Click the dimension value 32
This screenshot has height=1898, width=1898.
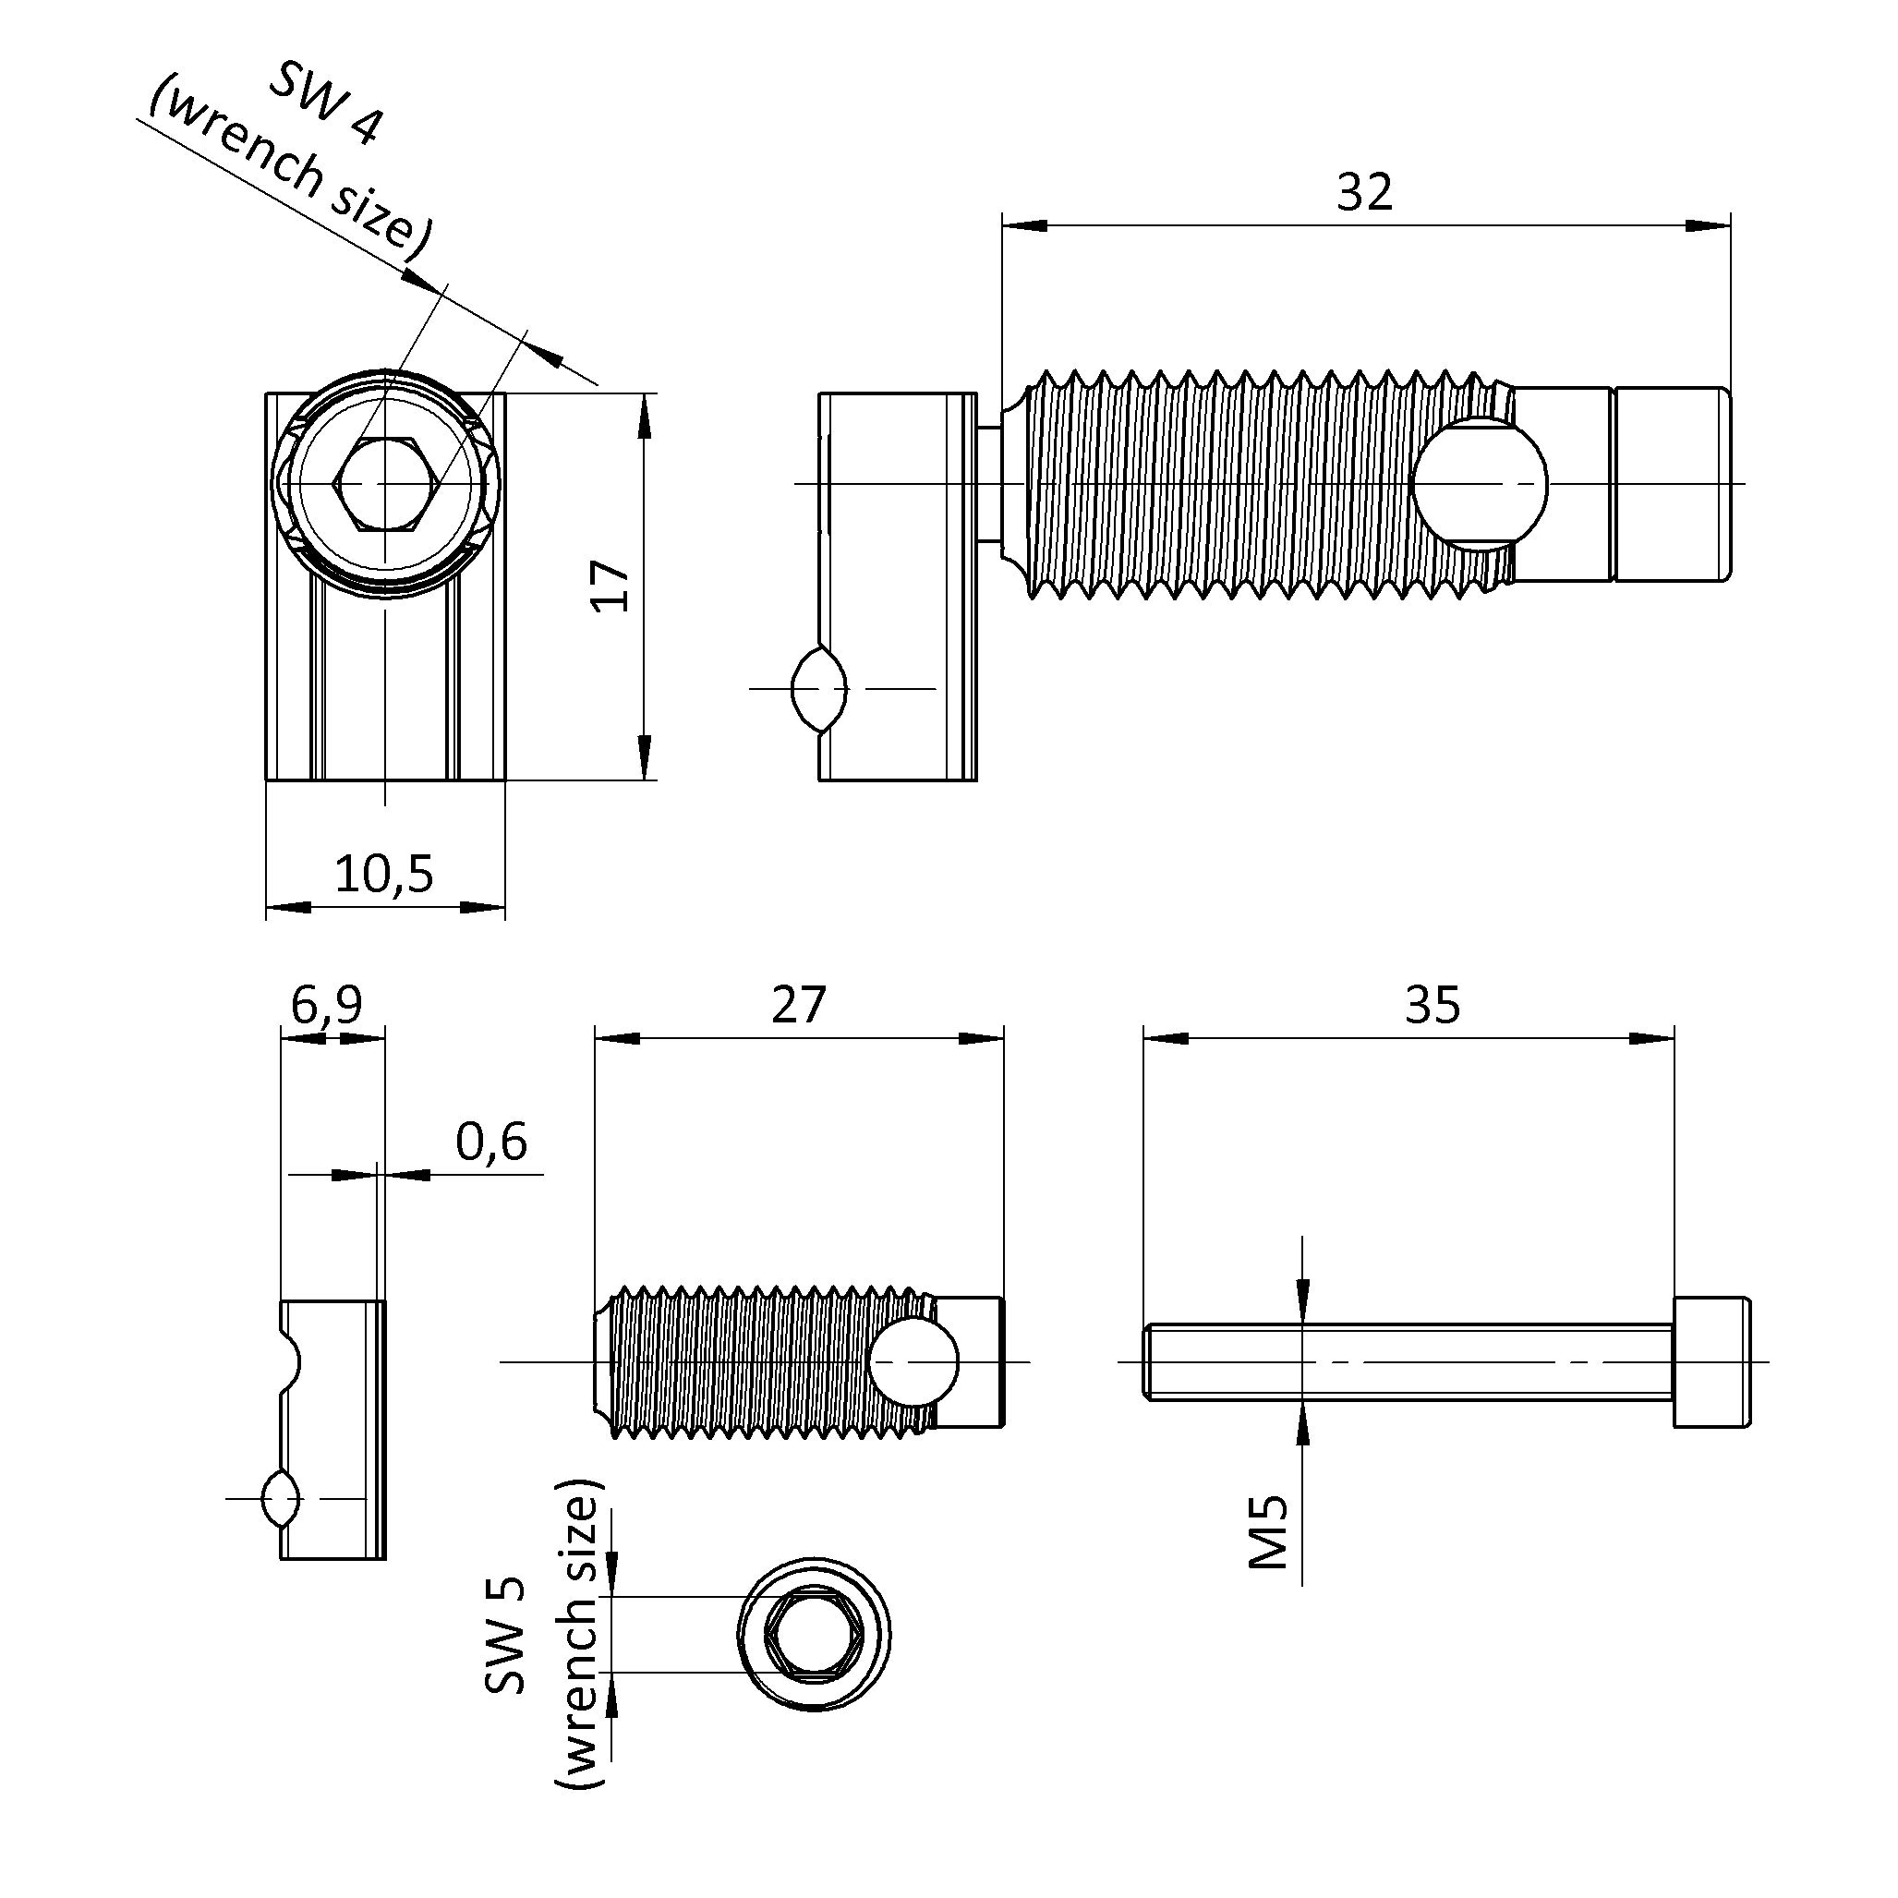pos(1363,192)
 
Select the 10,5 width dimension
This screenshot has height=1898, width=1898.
pos(384,873)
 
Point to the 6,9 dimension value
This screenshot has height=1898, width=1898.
pos(327,1004)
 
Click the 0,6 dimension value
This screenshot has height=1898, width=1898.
pos(491,1141)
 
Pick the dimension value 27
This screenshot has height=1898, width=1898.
pos(799,1004)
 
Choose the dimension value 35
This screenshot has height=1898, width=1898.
pos(1433,1004)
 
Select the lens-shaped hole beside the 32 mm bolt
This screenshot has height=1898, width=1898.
pos(818,689)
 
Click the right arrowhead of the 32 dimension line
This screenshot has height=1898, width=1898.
pos(1709,226)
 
